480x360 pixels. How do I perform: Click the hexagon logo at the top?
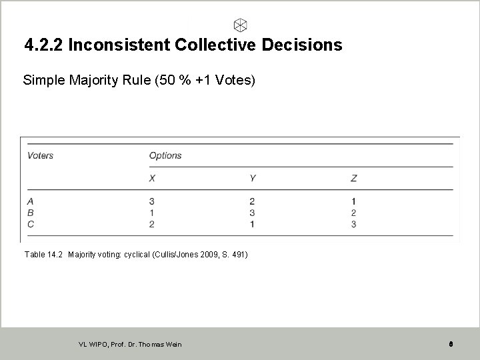tap(241, 25)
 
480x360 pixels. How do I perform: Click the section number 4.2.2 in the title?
tap(43, 45)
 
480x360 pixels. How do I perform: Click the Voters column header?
tap(40, 155)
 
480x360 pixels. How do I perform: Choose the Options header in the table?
tap(165, 155)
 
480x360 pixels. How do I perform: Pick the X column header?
tap(153, 178)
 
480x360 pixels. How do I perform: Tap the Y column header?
tap(253, 178)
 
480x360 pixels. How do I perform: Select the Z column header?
tap(353, 178)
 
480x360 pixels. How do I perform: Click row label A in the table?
tap(31, 201)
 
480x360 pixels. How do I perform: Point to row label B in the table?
tap(31, 213)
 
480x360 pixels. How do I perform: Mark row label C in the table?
tap(31, 224)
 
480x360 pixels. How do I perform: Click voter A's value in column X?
tap(152, 201)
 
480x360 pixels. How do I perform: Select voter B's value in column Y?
tap(252, 213)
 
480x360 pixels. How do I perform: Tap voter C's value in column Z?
tap(353, 224)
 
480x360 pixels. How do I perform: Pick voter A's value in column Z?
tap(353, 201)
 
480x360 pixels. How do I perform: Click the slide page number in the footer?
tap(451, 344)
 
